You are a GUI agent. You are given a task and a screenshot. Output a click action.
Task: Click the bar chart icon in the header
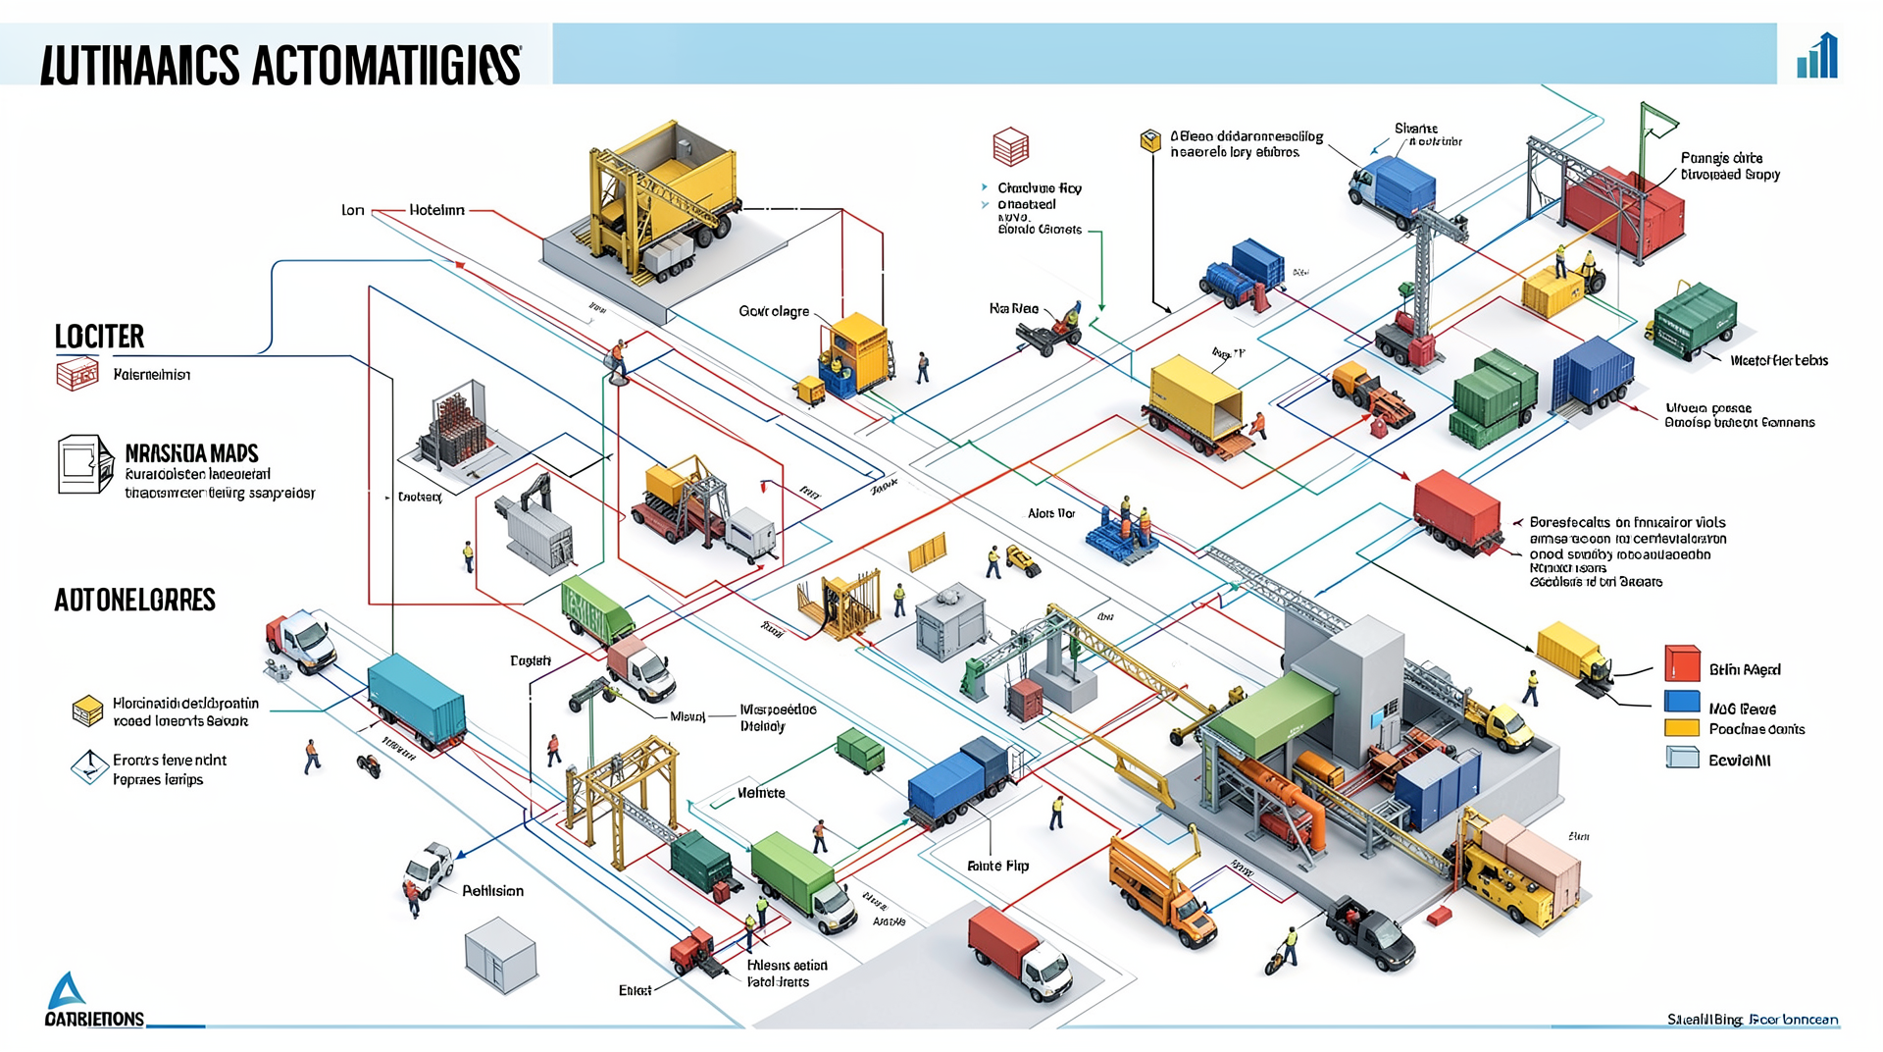[1817, 57]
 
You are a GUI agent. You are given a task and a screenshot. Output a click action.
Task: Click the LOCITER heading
[99, 337]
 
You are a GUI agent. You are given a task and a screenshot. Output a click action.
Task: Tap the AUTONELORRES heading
[134, 600]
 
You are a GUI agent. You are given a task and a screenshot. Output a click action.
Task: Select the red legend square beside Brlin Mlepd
[1682, 664]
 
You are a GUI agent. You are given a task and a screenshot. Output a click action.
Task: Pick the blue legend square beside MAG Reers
[1682, 702]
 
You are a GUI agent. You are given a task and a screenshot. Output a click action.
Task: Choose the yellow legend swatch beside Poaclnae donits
[1682, 728]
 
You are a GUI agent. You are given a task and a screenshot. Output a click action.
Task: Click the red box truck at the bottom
[1018, 951]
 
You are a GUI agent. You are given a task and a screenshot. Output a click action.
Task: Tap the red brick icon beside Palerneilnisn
[77, 374]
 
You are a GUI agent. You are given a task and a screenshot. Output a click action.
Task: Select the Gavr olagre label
[774, 311]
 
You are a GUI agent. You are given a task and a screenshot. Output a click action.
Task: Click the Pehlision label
[492, 891]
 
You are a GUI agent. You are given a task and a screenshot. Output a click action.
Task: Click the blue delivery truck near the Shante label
[1393, 186]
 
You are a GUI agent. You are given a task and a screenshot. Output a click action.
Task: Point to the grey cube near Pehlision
[500, 954]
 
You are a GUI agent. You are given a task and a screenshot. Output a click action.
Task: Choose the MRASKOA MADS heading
[191, 453]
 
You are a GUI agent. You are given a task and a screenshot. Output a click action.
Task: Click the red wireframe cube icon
[1010, 147]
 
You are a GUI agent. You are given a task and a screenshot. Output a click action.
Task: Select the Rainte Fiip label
[997, 866]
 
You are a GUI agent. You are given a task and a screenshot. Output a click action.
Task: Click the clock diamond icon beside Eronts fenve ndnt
[89, 766]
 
